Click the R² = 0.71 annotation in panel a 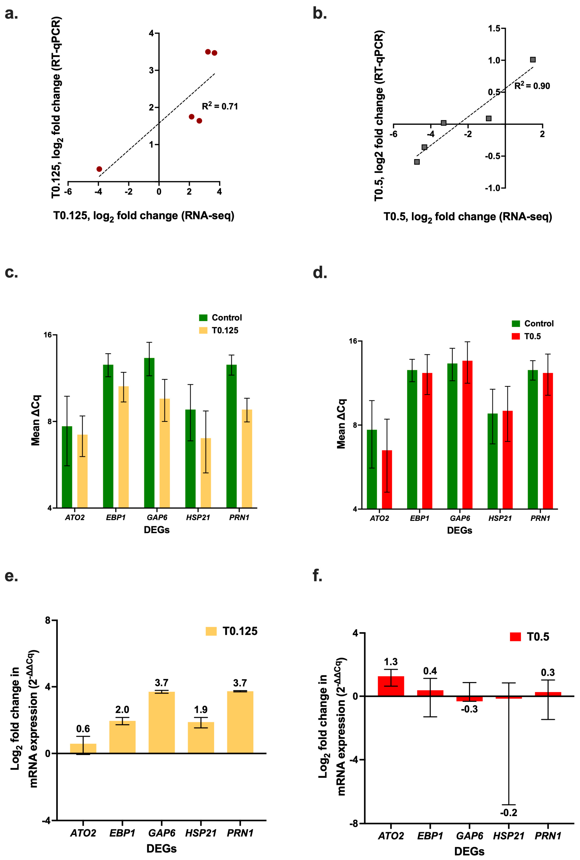coord(220,106)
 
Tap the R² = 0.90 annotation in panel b coord(532,86)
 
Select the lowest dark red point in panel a coord(99,169)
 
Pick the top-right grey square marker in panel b coord(533,60)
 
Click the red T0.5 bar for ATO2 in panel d coord(387,479)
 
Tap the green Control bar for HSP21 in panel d coord(492,461)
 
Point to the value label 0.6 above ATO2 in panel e coord(83,729)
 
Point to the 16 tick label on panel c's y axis coord(48,335)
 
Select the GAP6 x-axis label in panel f coord(469,836)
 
